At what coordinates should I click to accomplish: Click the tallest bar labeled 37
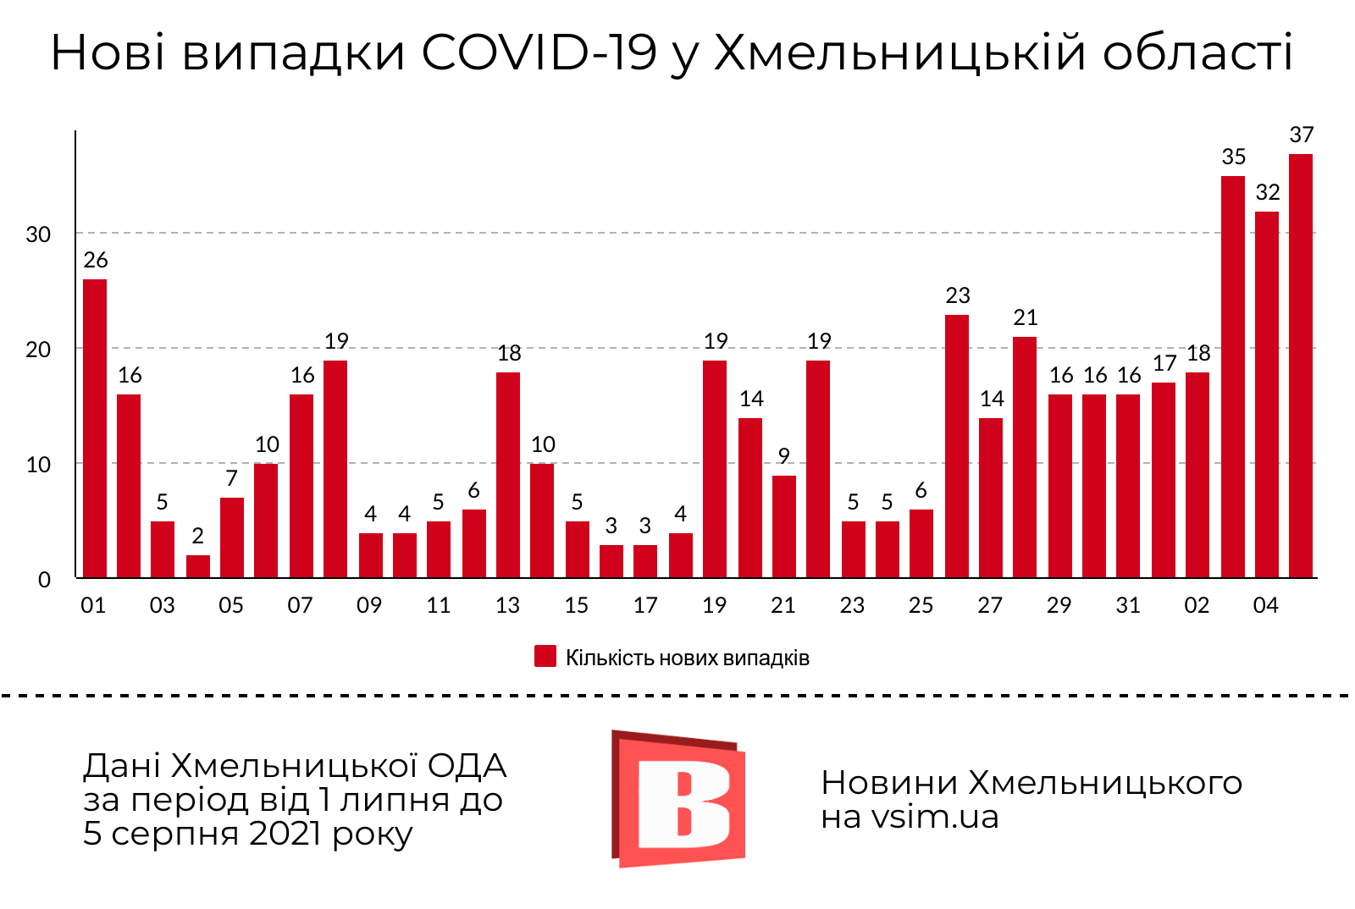coord(1300,366)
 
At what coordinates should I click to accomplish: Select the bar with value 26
coord(95,428)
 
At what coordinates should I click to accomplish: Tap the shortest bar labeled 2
coord(197,566)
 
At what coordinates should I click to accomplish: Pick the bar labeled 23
coord(956,446)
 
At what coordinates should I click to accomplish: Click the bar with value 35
coord(1232,377)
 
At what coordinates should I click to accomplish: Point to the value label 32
coord(1267,192)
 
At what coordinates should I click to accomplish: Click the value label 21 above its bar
coord(1025,317)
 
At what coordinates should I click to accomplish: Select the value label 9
coord(783,456)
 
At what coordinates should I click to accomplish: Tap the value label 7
coord(231,478)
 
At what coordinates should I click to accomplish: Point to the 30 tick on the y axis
coord(38,234)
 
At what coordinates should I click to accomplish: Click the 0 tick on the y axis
coord(44,580)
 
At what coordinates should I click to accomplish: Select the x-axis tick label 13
coord(507,605)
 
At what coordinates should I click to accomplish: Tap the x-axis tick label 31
coord(1128,605)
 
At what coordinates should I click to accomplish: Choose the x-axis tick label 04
coord(1265,605)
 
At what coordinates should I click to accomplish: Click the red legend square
coord(545,657)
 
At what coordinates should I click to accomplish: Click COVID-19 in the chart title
coord(539,52)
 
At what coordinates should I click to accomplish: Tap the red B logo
coord(678,798)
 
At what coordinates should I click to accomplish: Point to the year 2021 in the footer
coord(285,834)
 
